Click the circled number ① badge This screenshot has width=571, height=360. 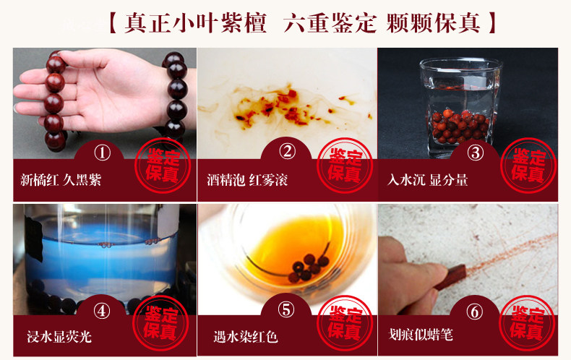(x=103, y=153)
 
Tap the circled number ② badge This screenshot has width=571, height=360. (x=287, y=151)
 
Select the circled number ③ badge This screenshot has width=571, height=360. (x=475, y=153)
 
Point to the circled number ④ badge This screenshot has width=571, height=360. (x=102, y=311)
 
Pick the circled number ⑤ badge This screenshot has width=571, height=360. (x=286, y=310)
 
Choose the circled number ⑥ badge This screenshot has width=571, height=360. (x=474, y=312)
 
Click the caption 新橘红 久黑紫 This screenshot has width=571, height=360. (x=61, y=180)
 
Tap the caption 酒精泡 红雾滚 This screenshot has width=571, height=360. (x=247, y=180)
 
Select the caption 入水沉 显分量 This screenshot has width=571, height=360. (x=427, y=180)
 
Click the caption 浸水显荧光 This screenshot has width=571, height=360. (x=59, y=337)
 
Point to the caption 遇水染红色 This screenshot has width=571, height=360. (x=246, y=337)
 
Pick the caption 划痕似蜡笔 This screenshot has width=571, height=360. (x=421, y=335)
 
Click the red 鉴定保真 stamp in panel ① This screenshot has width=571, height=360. (x=163, y=166)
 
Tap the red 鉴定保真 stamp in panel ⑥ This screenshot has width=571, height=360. (x=527, y=323)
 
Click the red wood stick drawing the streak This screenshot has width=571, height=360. (x=450, y=278)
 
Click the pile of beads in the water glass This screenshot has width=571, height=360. (x=460, y=127)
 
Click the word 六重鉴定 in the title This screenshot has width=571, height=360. (x=330, y=23)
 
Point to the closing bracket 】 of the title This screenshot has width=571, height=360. (x=492, y=23)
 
